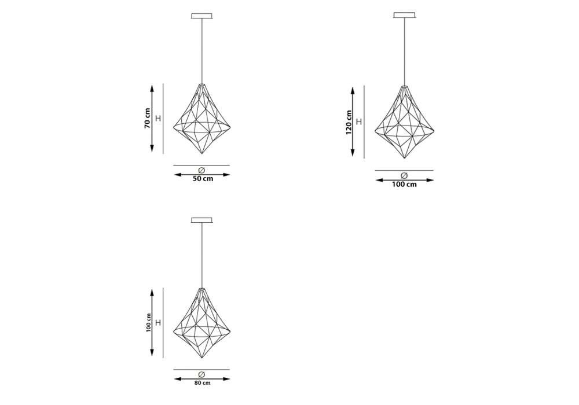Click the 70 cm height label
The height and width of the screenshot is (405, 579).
coord(147,118)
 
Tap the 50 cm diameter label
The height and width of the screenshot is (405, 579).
coord(203,179)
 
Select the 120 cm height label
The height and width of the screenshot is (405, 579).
coord(349,123)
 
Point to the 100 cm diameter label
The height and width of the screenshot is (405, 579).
coord(404,185)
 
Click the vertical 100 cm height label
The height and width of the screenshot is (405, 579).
coord(148,323)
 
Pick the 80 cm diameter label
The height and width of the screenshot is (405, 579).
coord(202,383)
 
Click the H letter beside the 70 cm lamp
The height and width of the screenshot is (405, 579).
coord(158,119)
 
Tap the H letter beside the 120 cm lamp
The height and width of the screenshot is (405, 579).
coord(358,122)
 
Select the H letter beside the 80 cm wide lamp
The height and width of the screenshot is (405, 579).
coord(158,323)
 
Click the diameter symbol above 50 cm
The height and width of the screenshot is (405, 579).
coord(201,170)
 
